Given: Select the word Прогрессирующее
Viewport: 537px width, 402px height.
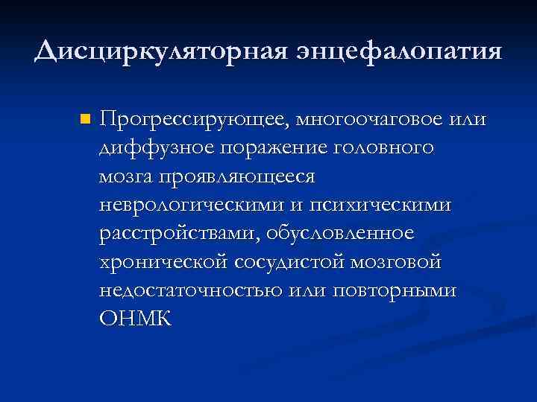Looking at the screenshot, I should point(195,120).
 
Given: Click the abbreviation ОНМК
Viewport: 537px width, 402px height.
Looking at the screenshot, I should point(135,319).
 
